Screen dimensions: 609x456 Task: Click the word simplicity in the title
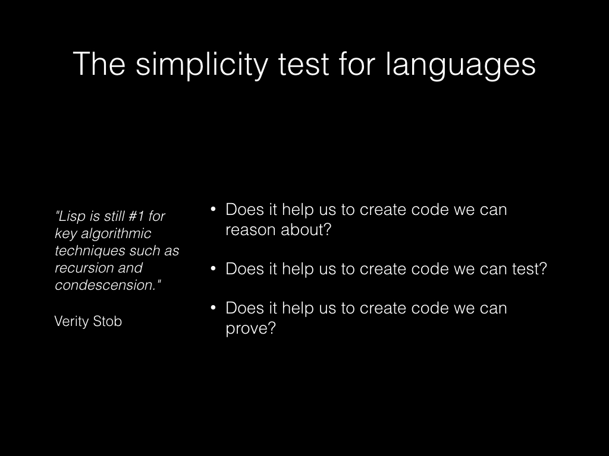click(202, 64)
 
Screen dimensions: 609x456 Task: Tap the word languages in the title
click(461, 64)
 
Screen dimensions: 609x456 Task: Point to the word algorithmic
click(116, 233)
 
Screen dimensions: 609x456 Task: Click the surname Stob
click(109, 321)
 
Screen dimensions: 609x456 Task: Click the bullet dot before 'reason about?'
click(213, 210)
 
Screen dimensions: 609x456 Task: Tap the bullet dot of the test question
click(213, 269)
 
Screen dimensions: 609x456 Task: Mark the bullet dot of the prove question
click(213, 308)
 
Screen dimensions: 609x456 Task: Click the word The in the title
click(99, 64)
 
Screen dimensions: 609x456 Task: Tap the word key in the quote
click(66, 233)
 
